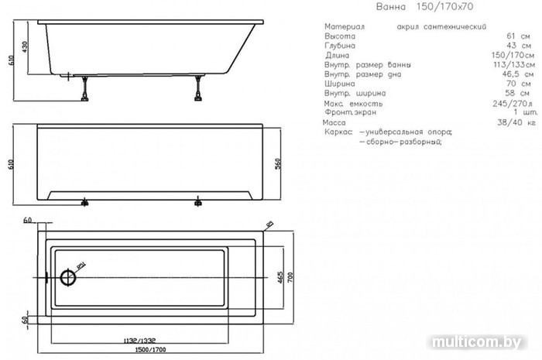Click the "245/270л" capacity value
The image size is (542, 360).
pyautogui.click(x=510, y=103)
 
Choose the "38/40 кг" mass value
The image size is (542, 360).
pyautogui.click(x=513, y=122)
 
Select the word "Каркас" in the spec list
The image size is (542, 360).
pyautogui.click(x=338, y=132)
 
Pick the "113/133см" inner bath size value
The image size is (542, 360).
pyautogui.click(x=508, y=65)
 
